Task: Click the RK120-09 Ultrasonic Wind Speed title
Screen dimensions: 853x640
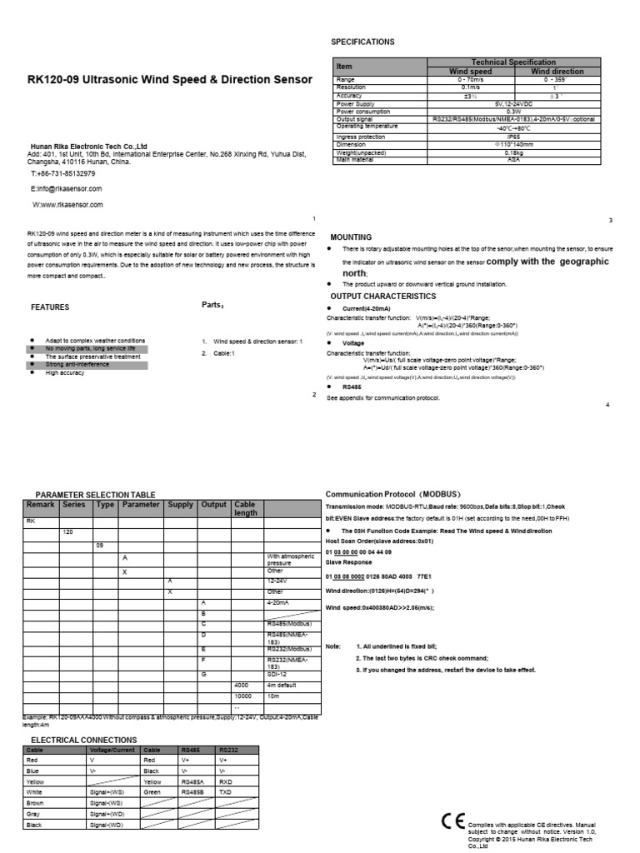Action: tap(170, 80)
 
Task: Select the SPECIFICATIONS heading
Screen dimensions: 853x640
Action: tap(362, 42)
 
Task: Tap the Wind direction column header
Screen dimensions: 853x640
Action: tap(557, 72)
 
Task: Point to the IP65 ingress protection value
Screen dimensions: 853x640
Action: tap(513, 136)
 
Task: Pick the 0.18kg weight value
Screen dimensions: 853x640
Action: tap(513, 152)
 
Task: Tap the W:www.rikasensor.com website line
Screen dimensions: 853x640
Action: tap(67, 204)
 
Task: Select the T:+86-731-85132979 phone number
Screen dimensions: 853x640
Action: tap(63, 174)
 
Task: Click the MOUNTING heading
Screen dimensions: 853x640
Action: tap(351, 237)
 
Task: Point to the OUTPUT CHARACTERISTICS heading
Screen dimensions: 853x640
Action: tap(382, 297)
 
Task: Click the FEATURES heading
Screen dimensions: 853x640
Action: tap(50, 307)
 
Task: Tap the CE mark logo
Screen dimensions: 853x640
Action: tap(452, 821)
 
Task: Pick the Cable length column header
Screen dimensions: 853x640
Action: tap(247, 509)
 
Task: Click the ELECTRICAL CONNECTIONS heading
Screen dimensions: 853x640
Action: tap(83, 740)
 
